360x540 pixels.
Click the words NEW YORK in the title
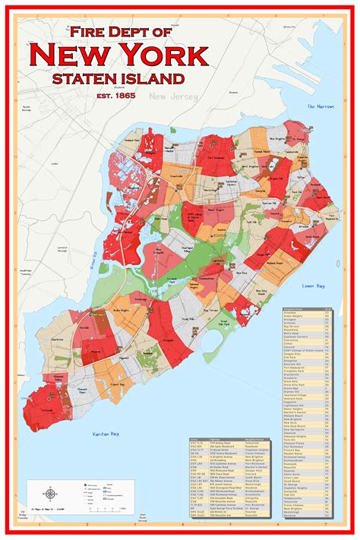pyautogui.click(x=118, y=55)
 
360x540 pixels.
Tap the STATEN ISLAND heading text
pyautogui.click(x=118, y=77)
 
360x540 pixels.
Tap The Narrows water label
pyautogui.click(x=321, y=107)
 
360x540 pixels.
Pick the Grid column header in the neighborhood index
pyautogui.click(x=327, y=308)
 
